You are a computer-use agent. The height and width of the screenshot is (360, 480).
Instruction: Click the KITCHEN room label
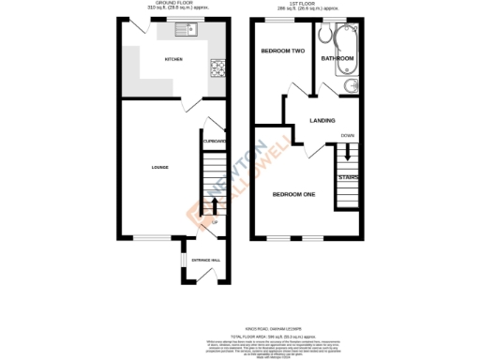click(173, 60)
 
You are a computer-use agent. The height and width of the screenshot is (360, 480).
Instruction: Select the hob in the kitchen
click(218, 67)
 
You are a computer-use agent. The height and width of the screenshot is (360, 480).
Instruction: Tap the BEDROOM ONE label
click(293, 194)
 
